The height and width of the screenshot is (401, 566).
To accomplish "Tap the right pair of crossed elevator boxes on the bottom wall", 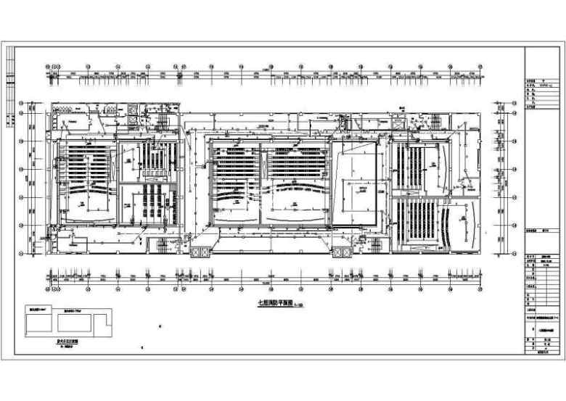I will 342,252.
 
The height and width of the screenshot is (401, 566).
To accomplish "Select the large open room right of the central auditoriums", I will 356,185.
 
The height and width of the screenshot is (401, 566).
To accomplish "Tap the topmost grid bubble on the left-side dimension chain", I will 22,102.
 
